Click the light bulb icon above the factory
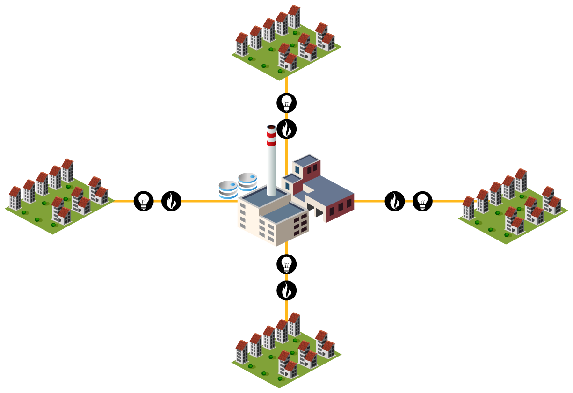coord(286,102)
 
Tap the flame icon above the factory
coord(286,129)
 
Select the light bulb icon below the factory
coord(286,264)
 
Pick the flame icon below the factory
coord(286,291)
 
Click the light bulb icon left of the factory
coord(144,201)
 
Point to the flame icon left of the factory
coord(171,201)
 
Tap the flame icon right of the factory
coord(395,201)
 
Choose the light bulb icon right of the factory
coord(422,201)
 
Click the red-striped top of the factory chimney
coord(271,136)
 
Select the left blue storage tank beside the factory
coord(228,189)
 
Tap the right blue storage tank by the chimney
coord(247,182)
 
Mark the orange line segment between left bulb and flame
coord(158,201)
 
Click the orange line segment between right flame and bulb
coord(408,201)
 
